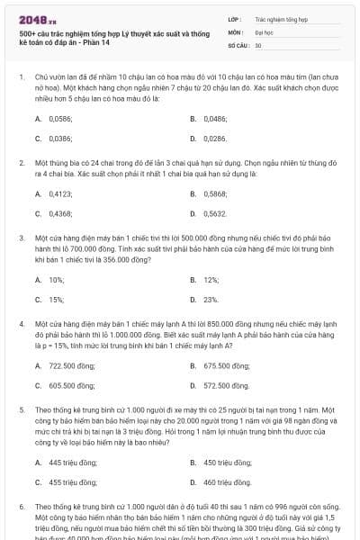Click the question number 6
coord(22,507)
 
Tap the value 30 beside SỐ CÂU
coord(258,44)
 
